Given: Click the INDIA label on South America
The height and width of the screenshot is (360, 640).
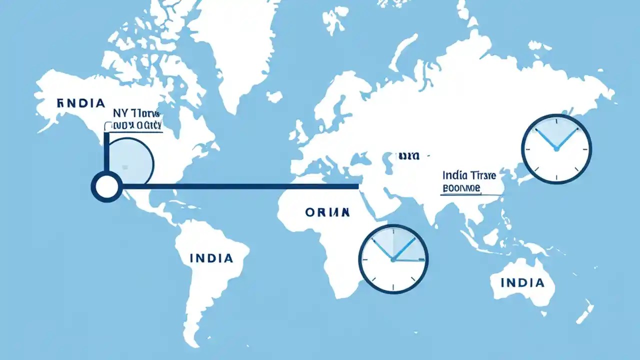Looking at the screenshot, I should point(211,258).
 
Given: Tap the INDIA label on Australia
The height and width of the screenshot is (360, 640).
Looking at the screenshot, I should point(522,283).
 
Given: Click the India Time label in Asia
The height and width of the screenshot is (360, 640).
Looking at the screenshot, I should point(469,175).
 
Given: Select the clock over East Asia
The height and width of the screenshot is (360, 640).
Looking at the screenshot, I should point(556,149).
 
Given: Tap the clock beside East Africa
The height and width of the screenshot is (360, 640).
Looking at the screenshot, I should point(393,258).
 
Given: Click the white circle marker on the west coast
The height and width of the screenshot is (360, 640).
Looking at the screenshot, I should point(106,186).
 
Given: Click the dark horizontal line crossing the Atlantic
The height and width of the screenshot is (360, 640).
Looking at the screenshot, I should point(240,186).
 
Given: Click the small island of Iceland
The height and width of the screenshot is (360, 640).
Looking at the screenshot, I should point(274,96).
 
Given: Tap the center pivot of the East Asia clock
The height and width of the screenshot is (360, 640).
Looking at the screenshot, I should point(556,149).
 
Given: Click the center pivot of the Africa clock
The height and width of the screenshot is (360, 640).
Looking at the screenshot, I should point(393,259).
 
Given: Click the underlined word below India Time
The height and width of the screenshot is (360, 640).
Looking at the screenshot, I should point(461,189).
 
